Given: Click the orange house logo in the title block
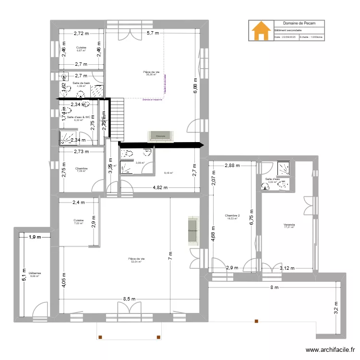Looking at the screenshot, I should coord(261,30).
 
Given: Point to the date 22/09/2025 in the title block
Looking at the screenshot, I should coord(286,36).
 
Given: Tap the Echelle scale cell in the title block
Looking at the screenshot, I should coord(311,36).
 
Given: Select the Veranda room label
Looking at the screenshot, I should coord(288,225).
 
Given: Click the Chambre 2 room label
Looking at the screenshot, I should coord(232,216).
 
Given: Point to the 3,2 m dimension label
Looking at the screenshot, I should coord(336,307).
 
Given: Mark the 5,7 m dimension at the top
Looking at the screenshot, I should coord(153,33).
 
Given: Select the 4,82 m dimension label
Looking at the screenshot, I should coord(160,188).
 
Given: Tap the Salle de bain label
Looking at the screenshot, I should coord(81,84).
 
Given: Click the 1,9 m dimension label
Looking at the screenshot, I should coord(34,237).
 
